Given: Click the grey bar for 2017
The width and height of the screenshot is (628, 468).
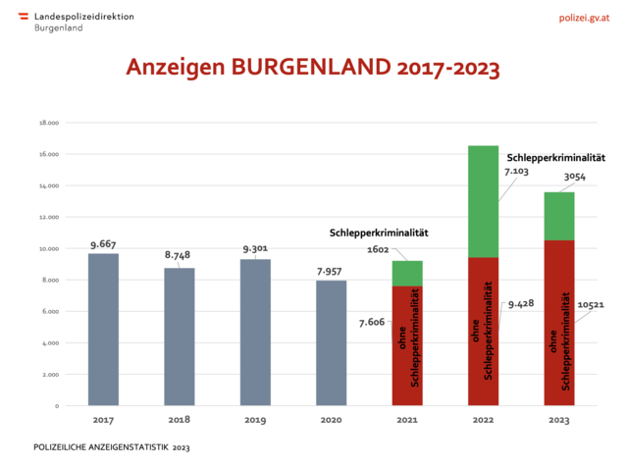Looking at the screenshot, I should coord(103,329).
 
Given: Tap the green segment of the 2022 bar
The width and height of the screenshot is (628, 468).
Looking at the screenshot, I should coord(483,201).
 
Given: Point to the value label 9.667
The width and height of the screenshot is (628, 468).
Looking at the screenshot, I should coord(104,243).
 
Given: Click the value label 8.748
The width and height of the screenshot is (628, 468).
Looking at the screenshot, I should coord(178,255).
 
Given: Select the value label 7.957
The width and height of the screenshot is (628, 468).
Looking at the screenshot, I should coord(331,270).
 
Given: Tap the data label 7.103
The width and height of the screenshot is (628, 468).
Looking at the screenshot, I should coord(517,172).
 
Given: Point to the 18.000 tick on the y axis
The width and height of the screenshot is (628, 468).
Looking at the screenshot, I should coord(49,123).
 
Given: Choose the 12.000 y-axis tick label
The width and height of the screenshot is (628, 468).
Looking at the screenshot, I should coord(49,217).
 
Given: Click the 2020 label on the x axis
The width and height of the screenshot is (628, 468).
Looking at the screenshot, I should coord(331,420).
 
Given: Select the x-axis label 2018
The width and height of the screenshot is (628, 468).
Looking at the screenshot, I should coord(179,420).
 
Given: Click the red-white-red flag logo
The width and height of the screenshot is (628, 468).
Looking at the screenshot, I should coord(24,17).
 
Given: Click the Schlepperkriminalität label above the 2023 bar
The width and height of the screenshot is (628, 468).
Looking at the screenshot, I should coord(555,157).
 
